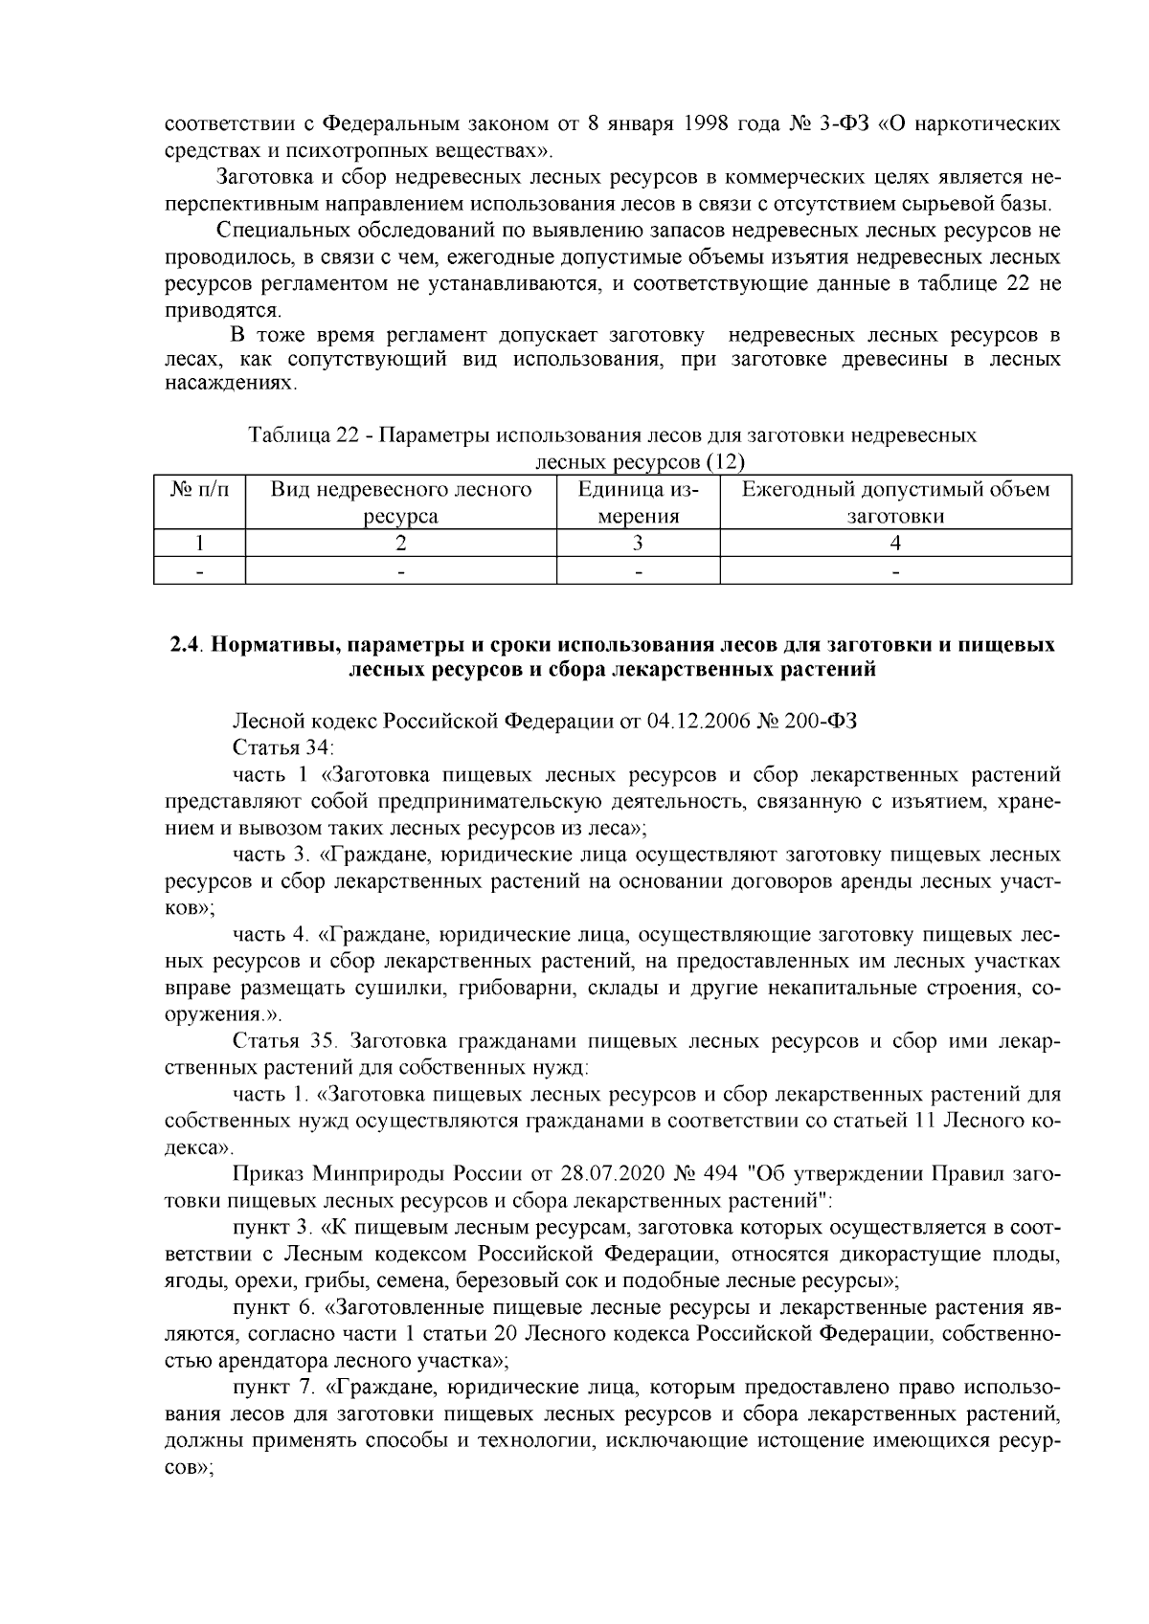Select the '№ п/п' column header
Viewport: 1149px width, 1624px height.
(x=200, y=490)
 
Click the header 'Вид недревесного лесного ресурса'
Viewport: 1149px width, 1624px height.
(x=401, y=503)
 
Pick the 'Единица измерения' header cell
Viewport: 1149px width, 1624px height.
(x=638, y=503)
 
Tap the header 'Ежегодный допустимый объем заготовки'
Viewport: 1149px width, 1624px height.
(x=895, y=503)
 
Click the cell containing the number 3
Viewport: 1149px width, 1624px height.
(x=638, y=544)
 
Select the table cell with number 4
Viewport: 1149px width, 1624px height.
(x=895, y=544)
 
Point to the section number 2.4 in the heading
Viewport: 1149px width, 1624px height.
(x=185, y=645)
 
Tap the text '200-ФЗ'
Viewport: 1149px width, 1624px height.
(x=822, y=722)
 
